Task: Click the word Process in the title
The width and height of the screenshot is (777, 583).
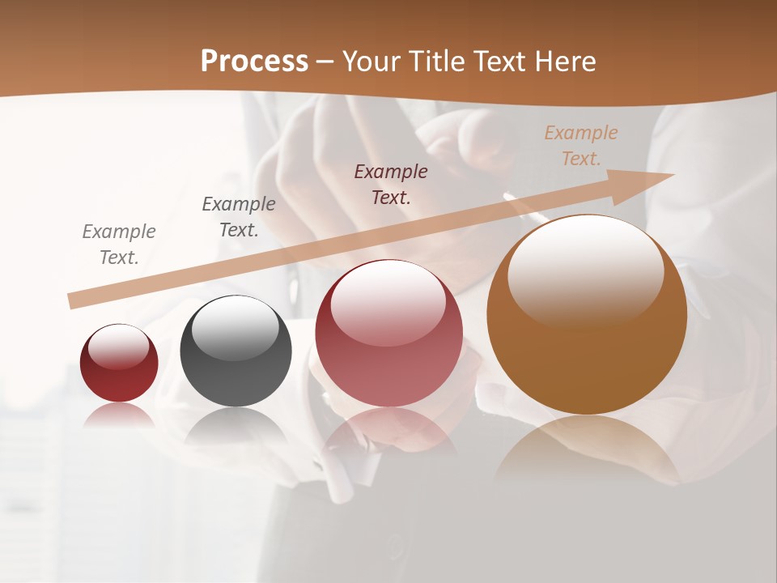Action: click(x=254, y=62)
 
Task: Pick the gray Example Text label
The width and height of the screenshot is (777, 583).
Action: click(x=119, y=245)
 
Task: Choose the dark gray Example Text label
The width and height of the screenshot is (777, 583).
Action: click(x=239, y=217)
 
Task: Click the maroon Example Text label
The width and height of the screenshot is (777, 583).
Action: click(x=391, y=184)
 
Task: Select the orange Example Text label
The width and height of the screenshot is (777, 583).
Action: click(x=581, y=146)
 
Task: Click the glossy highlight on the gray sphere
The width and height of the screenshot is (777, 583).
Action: click(x=236, y=326)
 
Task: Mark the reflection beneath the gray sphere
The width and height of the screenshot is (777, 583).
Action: click(x=236, y=425)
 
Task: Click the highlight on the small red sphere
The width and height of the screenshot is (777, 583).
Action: click(x=119, y=346)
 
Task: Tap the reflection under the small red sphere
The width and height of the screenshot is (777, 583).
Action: click(x=119, y=415)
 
